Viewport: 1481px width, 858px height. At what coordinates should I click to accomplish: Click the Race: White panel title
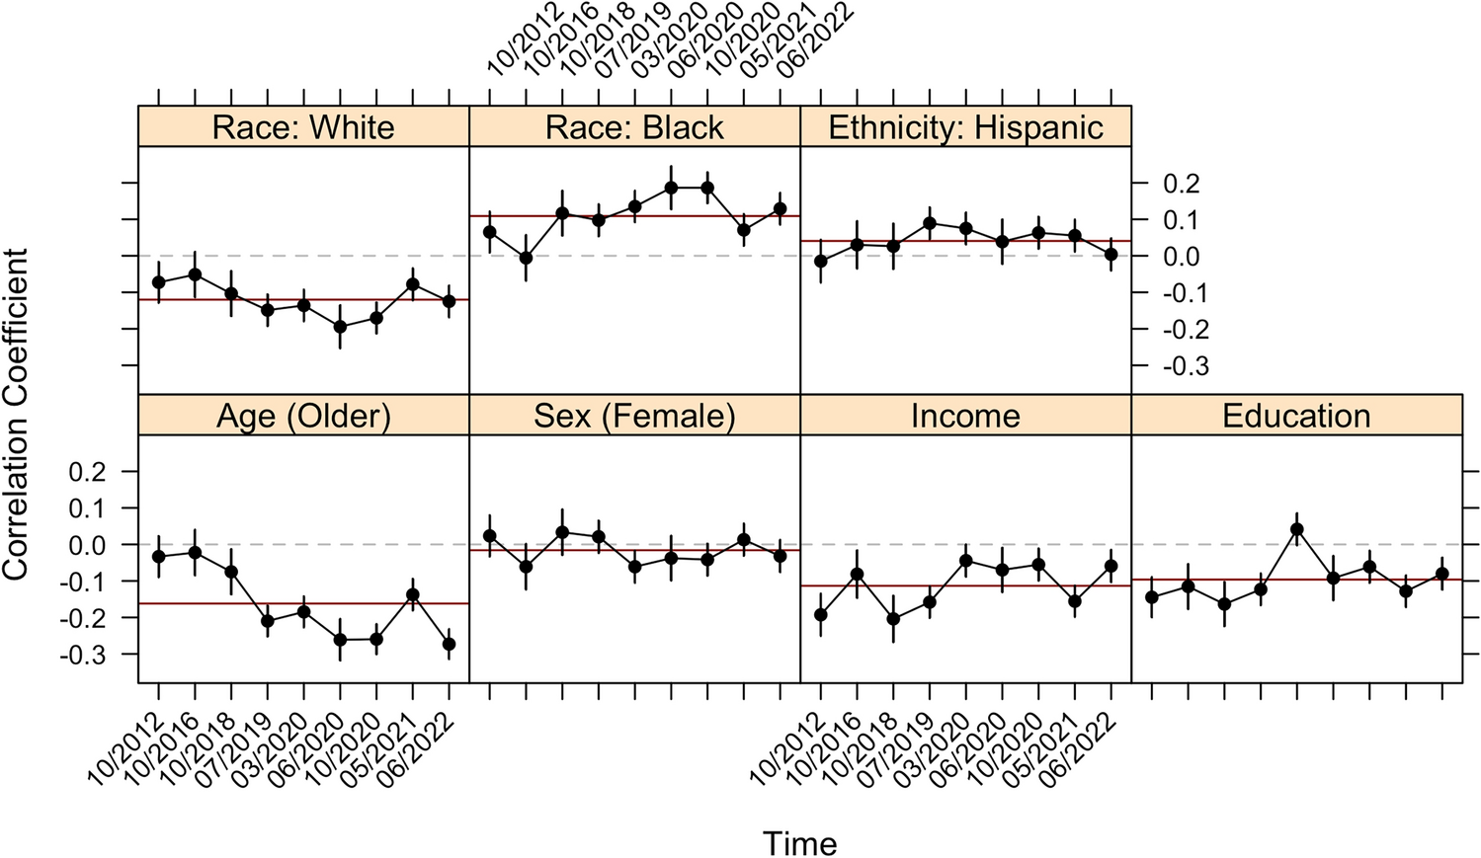click(x=303, y=127)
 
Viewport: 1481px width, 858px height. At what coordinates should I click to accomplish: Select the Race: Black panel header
click(x=634, y=127)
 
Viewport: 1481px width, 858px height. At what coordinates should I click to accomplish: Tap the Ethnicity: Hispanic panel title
click(x=965, y=127)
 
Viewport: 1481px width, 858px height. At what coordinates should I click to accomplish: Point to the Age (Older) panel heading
click(x=303, y=416)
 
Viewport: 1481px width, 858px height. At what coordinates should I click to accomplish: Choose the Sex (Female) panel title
click(x=634, y=416)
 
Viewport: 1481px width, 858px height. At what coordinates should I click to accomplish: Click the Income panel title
click(x=965, y=416)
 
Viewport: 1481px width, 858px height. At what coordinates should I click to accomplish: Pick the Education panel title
click(x=1296, y=416)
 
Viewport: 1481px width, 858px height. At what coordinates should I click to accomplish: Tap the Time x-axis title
click(x=799, y=843)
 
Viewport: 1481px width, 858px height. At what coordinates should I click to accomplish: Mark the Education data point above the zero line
click(x=1297, y=529)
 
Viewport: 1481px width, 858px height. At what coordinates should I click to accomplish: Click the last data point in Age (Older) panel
click(x=449, y=644)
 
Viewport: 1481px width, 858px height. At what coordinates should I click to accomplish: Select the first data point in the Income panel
click(x=820, y=614)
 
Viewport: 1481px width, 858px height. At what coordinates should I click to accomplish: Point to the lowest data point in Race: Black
click(x=526, y=258)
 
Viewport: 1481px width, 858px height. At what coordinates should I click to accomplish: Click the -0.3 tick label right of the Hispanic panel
click(x=1184, y=367)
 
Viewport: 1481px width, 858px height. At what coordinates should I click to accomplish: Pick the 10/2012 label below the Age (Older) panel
click(x=124, y=750)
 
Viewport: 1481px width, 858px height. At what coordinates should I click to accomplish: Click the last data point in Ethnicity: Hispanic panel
click(x=1111, y=254)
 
